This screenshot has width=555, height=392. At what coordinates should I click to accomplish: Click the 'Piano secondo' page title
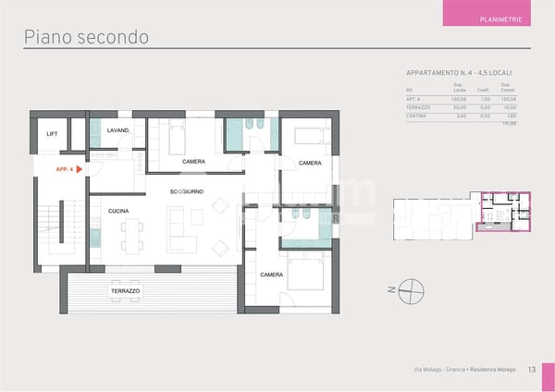[x=85, y=37]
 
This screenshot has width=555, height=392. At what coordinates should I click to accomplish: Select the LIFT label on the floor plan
[x=52, y=134]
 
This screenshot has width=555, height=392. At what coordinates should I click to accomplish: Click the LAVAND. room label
[x=117, y=130]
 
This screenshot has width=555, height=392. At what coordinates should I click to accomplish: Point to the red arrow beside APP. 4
[x=81, y=169]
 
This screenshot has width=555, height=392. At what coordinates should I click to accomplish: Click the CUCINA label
[x=117, y=211]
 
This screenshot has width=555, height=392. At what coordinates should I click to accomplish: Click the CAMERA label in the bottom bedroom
[x=271, y=275]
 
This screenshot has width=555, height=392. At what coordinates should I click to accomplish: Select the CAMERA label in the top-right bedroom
[x=310, y=163]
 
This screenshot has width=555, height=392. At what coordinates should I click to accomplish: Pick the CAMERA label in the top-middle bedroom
[x=193, y=162]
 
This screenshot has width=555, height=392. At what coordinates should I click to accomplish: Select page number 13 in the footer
[x=533, y=371]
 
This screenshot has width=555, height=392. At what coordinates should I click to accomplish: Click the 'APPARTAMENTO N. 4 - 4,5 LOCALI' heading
[x=459, y=72]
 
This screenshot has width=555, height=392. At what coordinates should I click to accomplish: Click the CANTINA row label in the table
[x=418, y=116]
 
